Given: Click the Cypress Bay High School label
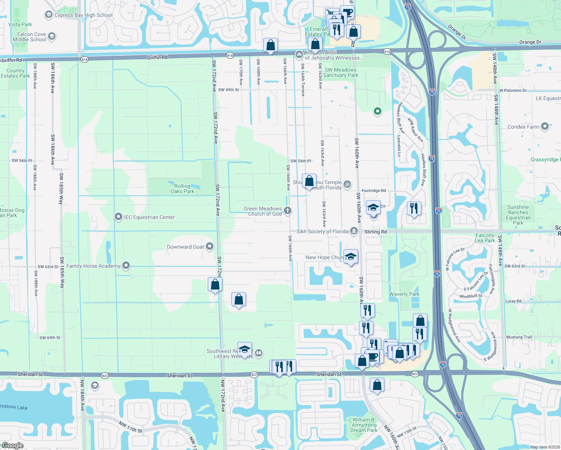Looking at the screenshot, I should click(83, 15).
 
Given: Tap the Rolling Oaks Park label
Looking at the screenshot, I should click(182, 189).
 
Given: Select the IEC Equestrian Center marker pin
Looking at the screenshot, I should click(118, 217).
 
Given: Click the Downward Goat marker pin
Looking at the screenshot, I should click(210, 246).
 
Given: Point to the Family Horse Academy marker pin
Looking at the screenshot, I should click(126, 265).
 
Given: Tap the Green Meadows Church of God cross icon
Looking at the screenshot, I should click(288, 210).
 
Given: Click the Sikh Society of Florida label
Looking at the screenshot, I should click(322, 231).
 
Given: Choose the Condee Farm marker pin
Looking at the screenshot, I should click(545, 126).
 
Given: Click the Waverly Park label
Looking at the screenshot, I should click(404, 294).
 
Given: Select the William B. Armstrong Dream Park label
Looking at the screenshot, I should click(364, 425).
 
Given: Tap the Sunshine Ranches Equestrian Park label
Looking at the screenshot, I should click(518, 215).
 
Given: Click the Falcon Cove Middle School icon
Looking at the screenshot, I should click(52, 36).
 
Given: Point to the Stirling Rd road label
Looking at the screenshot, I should click(375, 232).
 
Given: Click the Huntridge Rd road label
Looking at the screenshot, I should click(373, 191).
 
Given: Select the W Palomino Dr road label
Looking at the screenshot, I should click(513, 90).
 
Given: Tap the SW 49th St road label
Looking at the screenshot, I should click(228, 90).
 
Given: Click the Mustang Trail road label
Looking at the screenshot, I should click(519, 337).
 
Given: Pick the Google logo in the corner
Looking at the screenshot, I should click(13, 445).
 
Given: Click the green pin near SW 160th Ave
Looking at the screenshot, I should click(378, 111).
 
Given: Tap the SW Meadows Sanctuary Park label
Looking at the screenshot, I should click(340, 72).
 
